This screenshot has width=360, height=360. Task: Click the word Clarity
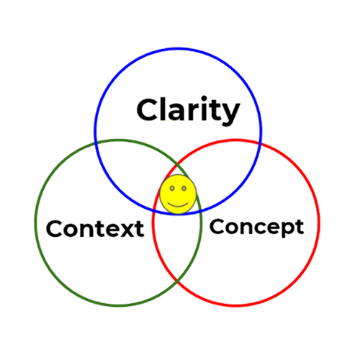(x=189, y=111)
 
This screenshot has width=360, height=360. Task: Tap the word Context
(x=95, y=229)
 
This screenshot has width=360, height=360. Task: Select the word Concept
(x=257, y=228)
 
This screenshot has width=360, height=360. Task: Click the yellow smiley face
(x=178, y=194)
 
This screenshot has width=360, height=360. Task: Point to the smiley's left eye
(x=172, y=189)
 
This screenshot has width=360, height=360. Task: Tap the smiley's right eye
(x=184, y=189)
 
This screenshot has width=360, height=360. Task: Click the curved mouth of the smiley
(x=178, y=204)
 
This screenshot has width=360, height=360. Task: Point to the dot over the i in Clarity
(x=204, y=99)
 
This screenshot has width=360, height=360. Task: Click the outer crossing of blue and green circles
(x=96, y=143)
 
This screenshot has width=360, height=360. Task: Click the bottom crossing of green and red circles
(x=177, y=280)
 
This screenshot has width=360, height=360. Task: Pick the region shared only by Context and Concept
(x=177, y=240)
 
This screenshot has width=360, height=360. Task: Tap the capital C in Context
(x=55, y=228)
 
